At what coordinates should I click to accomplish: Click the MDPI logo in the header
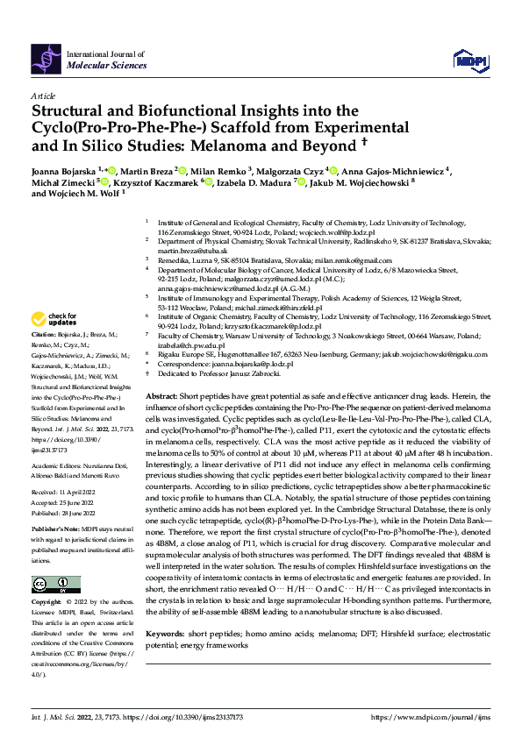469,59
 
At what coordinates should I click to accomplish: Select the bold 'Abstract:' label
163,396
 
